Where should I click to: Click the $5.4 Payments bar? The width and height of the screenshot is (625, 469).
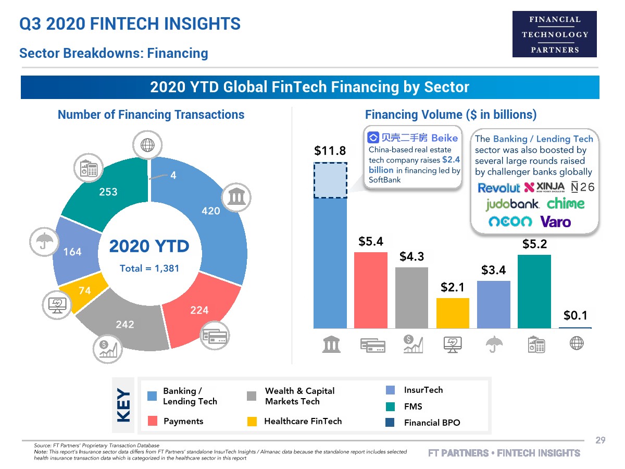tap(371, 290)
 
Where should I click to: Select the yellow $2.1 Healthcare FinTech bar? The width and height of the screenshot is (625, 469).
tap(453, 313)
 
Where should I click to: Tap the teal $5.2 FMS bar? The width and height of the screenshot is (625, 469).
tap(534, 291)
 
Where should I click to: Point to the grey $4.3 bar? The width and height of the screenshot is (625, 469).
tap(411, 298)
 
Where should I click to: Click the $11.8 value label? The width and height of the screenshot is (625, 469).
tap(330, 151)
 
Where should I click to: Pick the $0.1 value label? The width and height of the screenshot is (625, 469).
tap(576, 315)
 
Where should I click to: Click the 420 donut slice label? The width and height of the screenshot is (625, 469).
tap(211, 211)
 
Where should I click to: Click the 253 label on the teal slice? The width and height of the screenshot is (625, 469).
tap(108, 192)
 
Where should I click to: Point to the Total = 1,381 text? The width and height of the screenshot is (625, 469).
tap(149, 268)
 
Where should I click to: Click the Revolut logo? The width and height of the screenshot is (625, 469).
tap(499, 188)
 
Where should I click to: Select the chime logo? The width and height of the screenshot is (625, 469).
tap(566, 203)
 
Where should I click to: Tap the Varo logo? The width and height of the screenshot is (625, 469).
tap(555, 222)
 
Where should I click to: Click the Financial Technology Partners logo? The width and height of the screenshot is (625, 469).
tap(555, 34)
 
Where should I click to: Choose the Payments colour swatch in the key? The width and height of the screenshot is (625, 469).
tap(152, 422)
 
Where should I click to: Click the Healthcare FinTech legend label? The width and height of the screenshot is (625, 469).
tap(303, 421)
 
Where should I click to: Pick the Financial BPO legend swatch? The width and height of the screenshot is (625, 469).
tap(390, 423)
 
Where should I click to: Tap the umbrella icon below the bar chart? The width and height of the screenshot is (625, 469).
tap(494, 343)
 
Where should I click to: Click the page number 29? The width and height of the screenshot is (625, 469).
tap(601, 441)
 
